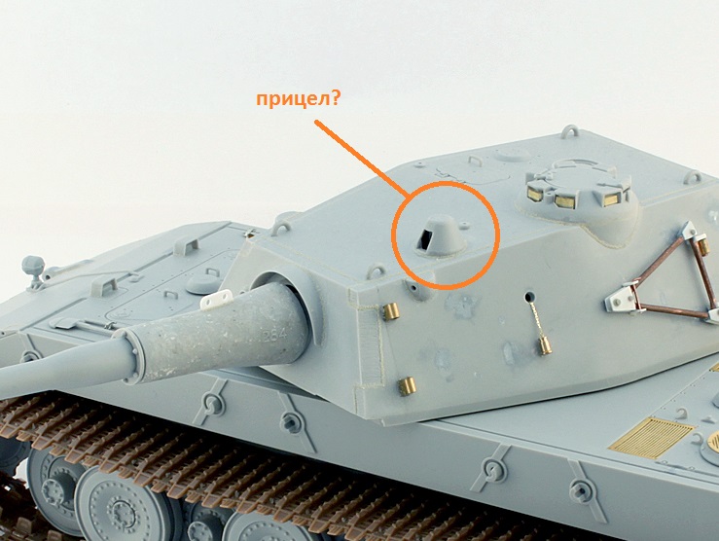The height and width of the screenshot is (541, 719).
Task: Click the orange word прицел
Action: coord(293,99)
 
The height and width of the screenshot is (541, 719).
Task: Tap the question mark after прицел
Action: coord(336,97)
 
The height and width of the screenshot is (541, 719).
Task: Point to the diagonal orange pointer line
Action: coord(360,159)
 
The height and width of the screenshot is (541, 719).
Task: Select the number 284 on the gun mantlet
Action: coord(274,334)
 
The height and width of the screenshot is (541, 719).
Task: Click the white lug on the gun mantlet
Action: coord(217,298)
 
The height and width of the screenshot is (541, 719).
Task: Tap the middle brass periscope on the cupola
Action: coord(563,200)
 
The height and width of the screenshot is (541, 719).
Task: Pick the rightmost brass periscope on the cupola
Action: coord(610,198)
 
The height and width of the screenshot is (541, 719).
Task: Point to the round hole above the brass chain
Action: coord(529,296)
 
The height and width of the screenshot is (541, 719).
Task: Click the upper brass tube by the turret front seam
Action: coord(391,311)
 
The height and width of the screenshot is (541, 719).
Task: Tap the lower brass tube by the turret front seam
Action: coord(407,386)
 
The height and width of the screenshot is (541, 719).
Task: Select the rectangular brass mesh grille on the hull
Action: coord(652,437)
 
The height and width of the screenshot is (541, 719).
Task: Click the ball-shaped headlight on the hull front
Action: coord(33,267)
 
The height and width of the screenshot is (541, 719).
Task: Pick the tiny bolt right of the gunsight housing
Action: coord(465,226)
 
